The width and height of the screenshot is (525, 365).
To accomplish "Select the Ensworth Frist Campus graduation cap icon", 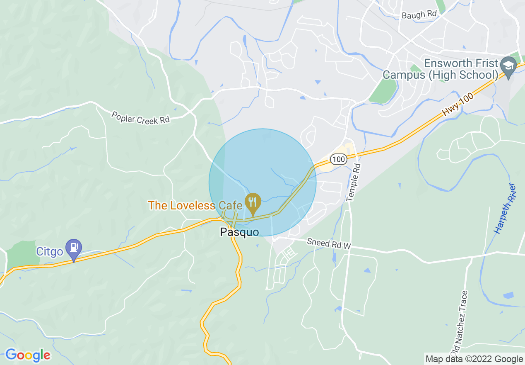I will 508,66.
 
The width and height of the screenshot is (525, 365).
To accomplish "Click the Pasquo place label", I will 239,232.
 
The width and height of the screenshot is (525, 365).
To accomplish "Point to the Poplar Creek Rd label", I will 140,117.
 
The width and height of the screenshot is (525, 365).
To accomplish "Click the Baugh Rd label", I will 419,15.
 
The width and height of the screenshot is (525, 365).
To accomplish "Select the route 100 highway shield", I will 339,158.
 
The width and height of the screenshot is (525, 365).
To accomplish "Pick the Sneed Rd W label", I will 329,243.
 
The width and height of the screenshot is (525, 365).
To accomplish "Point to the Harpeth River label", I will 505,208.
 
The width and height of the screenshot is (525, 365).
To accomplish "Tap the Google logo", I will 28,355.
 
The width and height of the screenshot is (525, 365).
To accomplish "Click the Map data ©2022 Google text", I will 474,359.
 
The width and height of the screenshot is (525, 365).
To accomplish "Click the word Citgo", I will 50,251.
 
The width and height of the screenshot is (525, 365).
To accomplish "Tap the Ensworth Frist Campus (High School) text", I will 440,69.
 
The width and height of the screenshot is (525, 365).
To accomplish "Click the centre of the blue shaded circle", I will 262,182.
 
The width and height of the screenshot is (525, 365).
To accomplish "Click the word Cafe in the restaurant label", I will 230,205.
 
